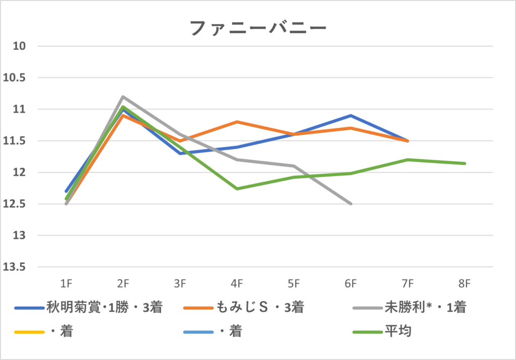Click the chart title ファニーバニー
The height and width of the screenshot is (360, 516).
258,28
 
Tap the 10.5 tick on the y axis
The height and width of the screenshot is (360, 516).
16,78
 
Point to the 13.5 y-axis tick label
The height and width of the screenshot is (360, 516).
16,267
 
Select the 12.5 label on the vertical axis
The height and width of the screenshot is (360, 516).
16,204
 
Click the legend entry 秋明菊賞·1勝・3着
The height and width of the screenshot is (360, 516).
104,308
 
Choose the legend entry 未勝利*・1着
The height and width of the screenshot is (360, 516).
426,308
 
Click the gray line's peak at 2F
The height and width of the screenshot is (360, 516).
122,97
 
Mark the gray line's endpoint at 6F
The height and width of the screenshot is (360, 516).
351,204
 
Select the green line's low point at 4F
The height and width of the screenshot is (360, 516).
237,189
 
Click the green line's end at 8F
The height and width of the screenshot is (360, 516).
465,163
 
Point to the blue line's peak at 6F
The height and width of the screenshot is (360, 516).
351,116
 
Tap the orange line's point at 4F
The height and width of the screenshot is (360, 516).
237,122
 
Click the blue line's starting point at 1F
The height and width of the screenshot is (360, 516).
66,191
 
